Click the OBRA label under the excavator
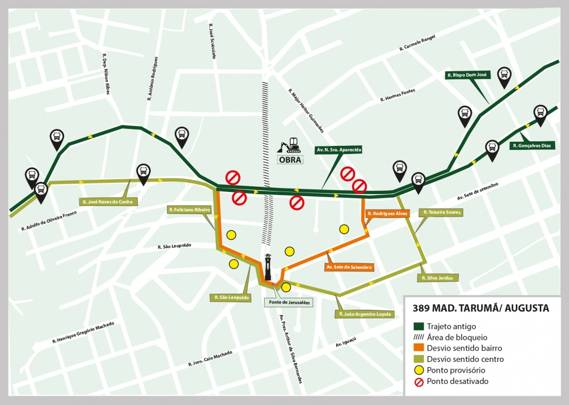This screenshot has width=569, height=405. (x=290, y=159)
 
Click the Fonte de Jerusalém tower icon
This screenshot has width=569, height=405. (x=268, y=267)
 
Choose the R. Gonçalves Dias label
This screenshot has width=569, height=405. (x=533, y=146)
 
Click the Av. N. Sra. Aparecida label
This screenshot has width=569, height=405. (x=339, y=150)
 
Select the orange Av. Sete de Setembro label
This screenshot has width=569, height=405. (x=349, y=267)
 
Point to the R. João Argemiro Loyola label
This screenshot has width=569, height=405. (x=364, y=314)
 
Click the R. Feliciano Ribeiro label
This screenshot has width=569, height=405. (x=190, y=210)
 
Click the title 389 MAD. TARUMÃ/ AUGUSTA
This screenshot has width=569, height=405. (x=481, y=308)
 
